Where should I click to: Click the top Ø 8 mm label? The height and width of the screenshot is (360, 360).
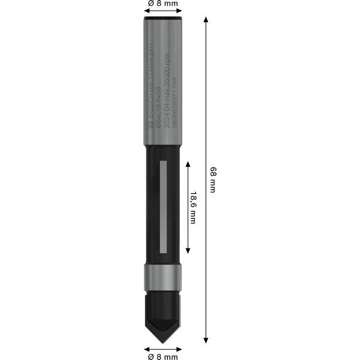point(162,4)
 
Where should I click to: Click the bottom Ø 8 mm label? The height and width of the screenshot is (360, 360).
point(162,356)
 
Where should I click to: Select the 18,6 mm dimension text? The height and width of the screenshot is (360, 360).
point(193,207)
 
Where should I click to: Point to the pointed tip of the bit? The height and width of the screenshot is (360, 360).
point(162,343)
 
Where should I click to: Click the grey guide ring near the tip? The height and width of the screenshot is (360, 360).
point(162,278)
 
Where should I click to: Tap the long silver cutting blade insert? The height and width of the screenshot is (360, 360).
point(163,207)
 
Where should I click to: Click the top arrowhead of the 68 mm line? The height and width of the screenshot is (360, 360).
point(206,20)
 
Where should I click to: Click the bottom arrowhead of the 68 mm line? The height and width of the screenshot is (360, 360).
point(206,340)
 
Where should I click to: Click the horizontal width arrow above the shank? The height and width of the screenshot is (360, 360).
point(162,11)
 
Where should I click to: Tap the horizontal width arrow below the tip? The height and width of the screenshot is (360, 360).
point(162,348)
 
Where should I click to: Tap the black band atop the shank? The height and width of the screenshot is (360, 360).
point(162,20)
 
